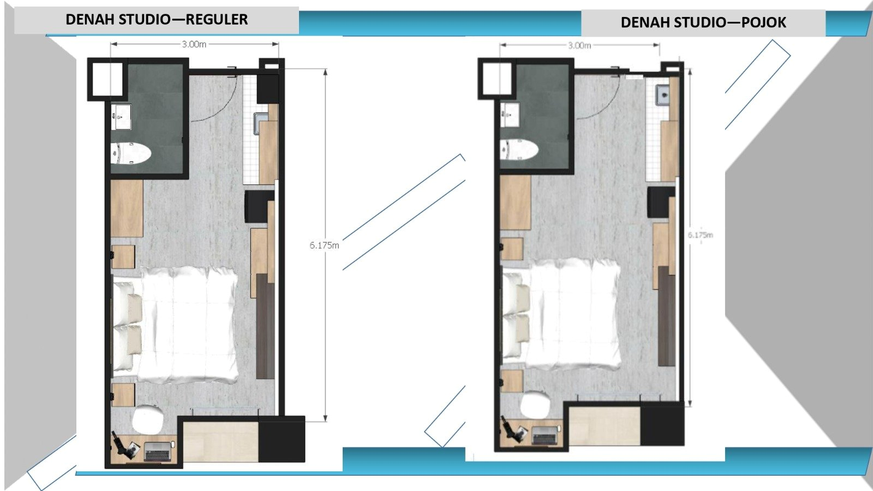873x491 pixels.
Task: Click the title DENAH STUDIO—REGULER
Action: point(157,20)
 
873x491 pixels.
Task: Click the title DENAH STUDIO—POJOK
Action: point(703,22)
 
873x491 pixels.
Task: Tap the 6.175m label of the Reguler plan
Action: point(324,245)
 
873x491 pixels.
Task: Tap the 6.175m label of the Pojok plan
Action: point(700,235)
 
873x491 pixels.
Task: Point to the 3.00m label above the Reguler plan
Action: point(194,44)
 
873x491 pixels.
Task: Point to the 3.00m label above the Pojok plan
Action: point(579,45)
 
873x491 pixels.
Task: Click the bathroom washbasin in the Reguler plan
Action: point(121,116)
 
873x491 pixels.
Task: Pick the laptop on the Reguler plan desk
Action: point(158,452)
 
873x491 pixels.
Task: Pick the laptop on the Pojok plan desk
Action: point(545,435)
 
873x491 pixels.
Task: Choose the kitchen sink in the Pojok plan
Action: point(663,96)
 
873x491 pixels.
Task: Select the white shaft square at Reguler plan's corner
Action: point(107,79)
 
